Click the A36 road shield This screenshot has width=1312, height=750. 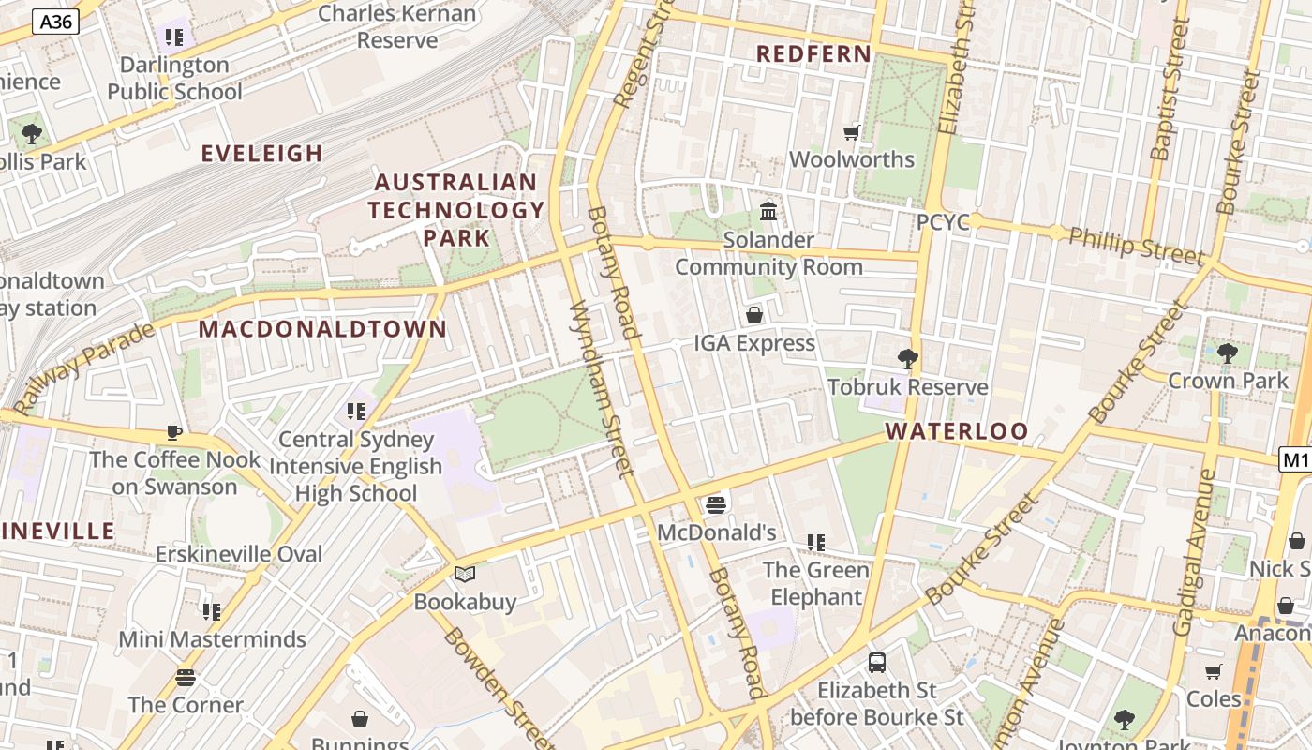coord(55,22)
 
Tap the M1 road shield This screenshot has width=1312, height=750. coord(1295,459)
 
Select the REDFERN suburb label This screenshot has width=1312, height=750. coord(813,54)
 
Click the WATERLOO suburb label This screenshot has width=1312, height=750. coord(957,431)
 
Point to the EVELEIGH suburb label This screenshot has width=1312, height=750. coord(262,154)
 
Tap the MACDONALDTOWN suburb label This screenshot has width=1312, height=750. coord(322,329)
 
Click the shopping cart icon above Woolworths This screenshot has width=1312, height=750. coord(851,133)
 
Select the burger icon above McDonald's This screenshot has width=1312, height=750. coord(717,505)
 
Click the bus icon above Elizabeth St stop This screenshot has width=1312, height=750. coord(877,663)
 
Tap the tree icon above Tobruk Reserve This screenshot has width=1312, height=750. coord(907,358)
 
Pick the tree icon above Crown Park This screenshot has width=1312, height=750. coord(1227,353)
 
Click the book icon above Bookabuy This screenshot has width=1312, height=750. coord(465,574)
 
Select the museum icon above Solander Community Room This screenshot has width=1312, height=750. coord(768,212)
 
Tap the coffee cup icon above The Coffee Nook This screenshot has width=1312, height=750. coord(173,432)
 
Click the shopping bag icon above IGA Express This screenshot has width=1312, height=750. coord(753,315)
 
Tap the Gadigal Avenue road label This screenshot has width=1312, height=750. coord(1196,553)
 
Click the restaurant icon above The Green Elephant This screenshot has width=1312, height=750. coord(815,543)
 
